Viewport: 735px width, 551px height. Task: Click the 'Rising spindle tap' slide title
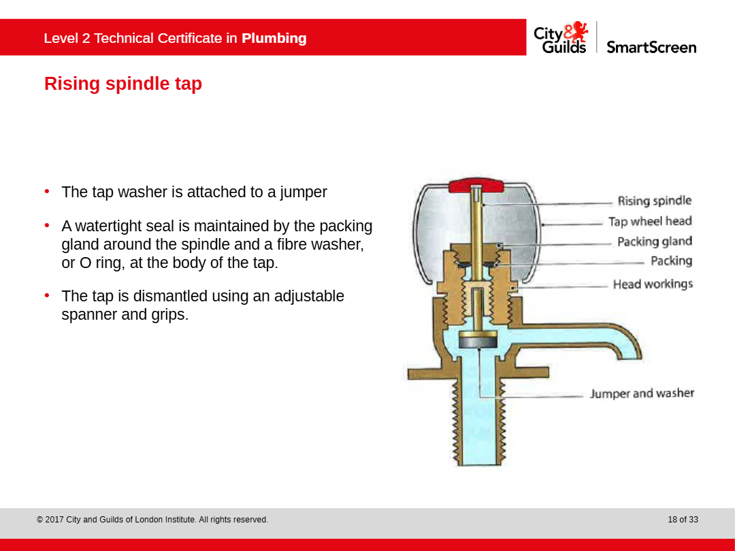122,84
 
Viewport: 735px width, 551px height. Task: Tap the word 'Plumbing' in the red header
274,38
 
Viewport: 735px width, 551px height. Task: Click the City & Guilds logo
561,37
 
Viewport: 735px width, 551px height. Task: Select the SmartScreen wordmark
651,48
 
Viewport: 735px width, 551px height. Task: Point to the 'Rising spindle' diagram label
655,201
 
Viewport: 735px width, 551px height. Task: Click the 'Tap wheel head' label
650,221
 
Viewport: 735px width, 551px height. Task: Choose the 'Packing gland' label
655,241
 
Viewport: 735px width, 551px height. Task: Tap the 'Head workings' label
653,284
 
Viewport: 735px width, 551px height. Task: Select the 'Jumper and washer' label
642,393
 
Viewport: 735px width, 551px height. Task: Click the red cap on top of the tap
476,185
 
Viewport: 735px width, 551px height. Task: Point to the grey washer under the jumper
478,342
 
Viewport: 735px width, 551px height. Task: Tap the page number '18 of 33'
683,520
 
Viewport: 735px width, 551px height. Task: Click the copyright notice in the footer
152,520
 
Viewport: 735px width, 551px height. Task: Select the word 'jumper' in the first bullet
304,192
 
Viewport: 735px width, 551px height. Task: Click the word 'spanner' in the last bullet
89,314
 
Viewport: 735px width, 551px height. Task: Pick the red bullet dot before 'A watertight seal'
47,225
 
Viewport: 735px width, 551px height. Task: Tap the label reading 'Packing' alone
671,261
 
